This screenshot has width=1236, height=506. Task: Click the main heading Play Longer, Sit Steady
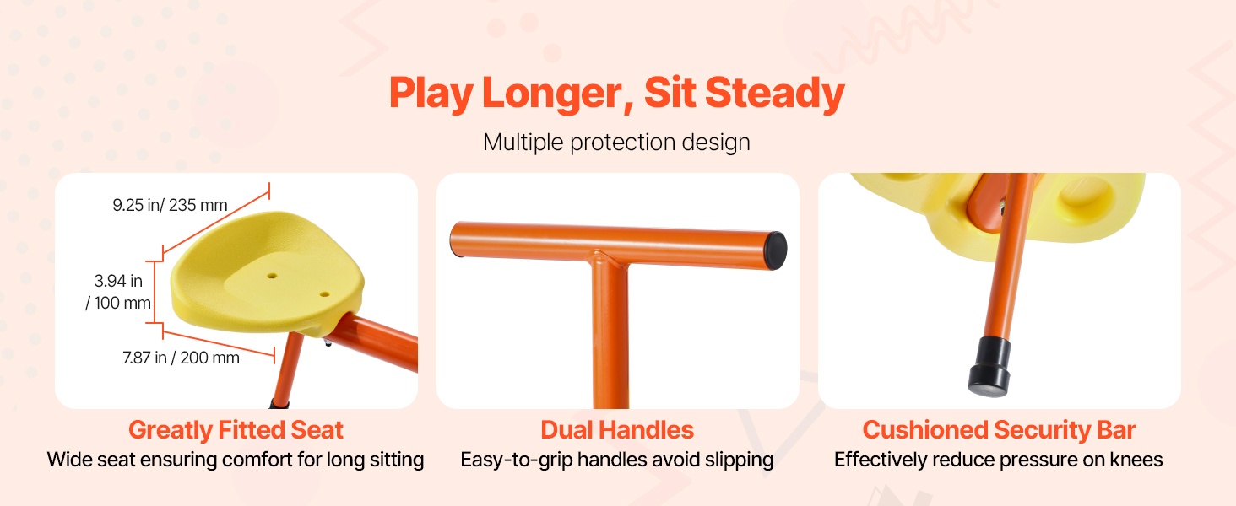pyautogui.click(x=617, y=93)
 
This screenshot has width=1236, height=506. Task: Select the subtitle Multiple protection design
pyautogui.click(x=616, y=143)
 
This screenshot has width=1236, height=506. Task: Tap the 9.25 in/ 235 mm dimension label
pyautogui.click(x=170, y=205)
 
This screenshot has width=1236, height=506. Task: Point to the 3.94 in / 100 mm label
pyautogui.click(x=118, y=292)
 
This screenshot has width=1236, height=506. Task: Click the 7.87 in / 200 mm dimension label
pyautogui.click(x=181, y=358)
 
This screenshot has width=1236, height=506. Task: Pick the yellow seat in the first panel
pyautogui.click(x=268, y=273)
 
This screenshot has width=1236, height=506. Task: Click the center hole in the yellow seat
pyautogui.click(x=272, y=274)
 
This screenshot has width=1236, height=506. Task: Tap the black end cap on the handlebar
pyautogui.click(x=776, y=250)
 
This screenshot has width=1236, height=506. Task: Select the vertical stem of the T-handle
pyautogui.click(x=610, y=336)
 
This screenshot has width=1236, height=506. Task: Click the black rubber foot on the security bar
pyautogui.click(x=989, y=368)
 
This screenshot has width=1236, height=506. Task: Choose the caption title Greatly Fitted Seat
pyautogui.click(x=236, y=430)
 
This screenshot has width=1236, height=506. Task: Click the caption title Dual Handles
pyautogui.click(x=617, y=430)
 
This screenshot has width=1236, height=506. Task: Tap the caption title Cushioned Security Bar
pyautogui.click(x=1000, y=430)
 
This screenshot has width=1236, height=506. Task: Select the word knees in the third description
pyautogui.click(x=1136, y=460)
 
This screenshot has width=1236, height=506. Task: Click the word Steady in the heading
pyautogui.click(x=775, y=93)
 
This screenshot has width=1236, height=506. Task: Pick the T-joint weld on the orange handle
pyautogui.click(x=610, y=259)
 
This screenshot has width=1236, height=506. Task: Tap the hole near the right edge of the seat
pyautogui.click(x=324, y=294)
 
